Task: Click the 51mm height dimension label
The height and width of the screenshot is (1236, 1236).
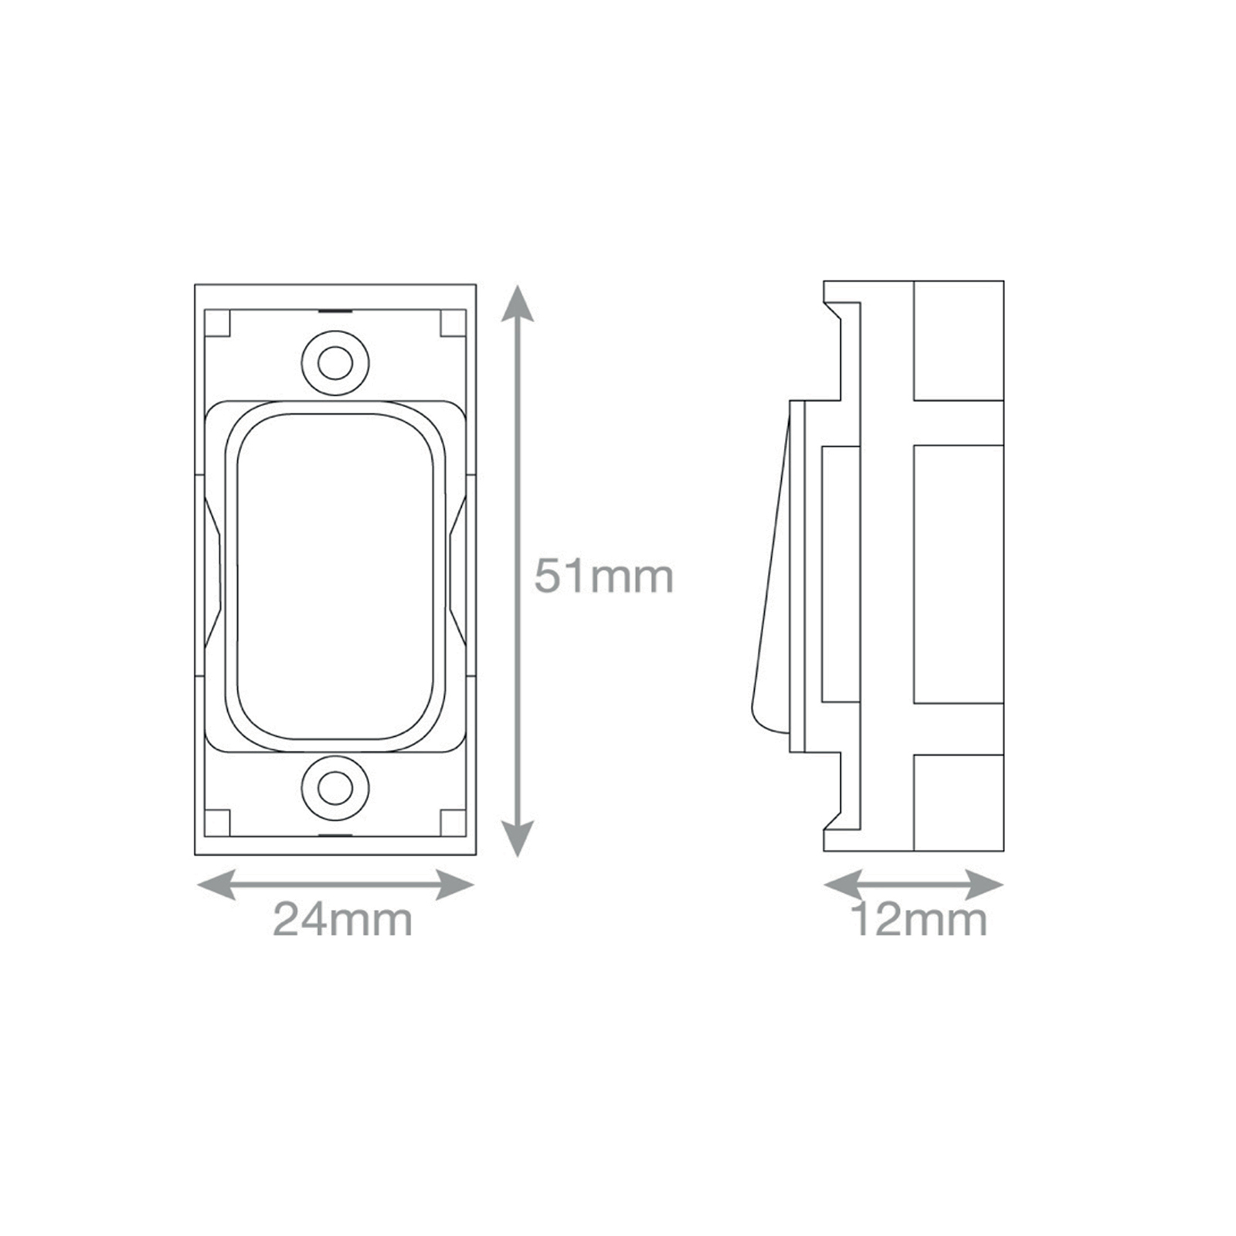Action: [x=604, y=577]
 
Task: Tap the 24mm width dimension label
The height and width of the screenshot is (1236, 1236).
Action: [x=342, y=920]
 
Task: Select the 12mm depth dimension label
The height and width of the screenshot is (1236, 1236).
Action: [x=919, y=920]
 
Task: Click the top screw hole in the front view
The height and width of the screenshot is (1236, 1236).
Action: [x=335, y=363]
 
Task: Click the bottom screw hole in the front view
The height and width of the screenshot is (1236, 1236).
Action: [x=335, y=789]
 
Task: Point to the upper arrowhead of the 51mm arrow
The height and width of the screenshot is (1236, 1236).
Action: [x=518, y=304]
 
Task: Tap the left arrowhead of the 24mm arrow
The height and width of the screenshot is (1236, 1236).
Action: [x=216, y=885]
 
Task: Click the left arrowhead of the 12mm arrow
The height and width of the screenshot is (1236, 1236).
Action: [x=843, y=885]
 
